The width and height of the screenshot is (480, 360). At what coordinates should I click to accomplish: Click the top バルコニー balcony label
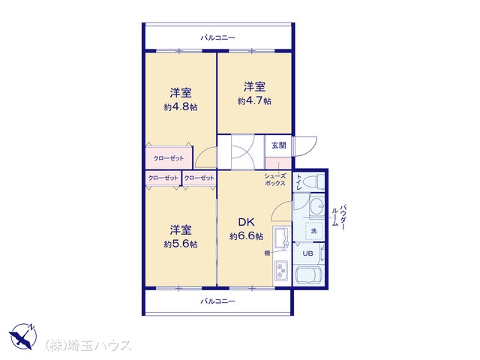pyautogui.click(x=217, y=38)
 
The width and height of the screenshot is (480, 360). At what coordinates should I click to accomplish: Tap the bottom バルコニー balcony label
pyautogui.click(x=217, y=301)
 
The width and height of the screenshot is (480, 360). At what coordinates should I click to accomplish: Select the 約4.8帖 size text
pyautogui.click(x=181, y=107)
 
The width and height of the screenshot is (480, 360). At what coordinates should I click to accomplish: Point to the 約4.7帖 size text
pyautogui.click(x=254, y=100)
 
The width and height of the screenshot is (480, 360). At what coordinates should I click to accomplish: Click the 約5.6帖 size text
pyautogui.click(x=181, y=244)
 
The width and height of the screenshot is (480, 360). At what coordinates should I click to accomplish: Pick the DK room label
pyautogui.click(x=247, y=222)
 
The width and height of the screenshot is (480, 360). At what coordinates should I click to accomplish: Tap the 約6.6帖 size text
pyautogui.click(x=247, y=236)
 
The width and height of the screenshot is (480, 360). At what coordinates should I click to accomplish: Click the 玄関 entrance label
pyautogui.click(x=279, y=145)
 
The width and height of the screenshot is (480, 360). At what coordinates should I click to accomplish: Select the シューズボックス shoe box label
pyautogui.click(x=275, y=180)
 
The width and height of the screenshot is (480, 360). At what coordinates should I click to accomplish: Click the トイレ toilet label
pyautogui.click(x=299, y=181)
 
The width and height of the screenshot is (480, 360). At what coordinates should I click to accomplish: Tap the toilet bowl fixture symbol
pyautogui.click(x=315, y=181)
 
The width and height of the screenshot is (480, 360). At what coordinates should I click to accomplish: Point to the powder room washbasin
pyautogui.click(x=317, y=205)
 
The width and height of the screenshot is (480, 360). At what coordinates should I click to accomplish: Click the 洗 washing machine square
pyautogui.click(x=313, y=231)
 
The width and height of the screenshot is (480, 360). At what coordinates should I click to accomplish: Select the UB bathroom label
pyautogui.click(x=307, y=253)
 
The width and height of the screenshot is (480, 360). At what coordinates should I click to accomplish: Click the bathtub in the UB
pyautogui.click(x=308, y=275)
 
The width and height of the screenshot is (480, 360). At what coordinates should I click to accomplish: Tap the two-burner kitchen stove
pyautogui.click(x=280, y=270)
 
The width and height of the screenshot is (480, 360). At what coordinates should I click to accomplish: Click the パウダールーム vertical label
pyautogui.click(x=339, y=214)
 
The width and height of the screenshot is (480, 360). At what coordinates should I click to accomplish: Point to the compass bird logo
pyautogui.click(x=23, y=337)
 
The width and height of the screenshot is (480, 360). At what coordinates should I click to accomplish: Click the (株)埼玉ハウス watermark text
pyautogui.click(x=88, y=346)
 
